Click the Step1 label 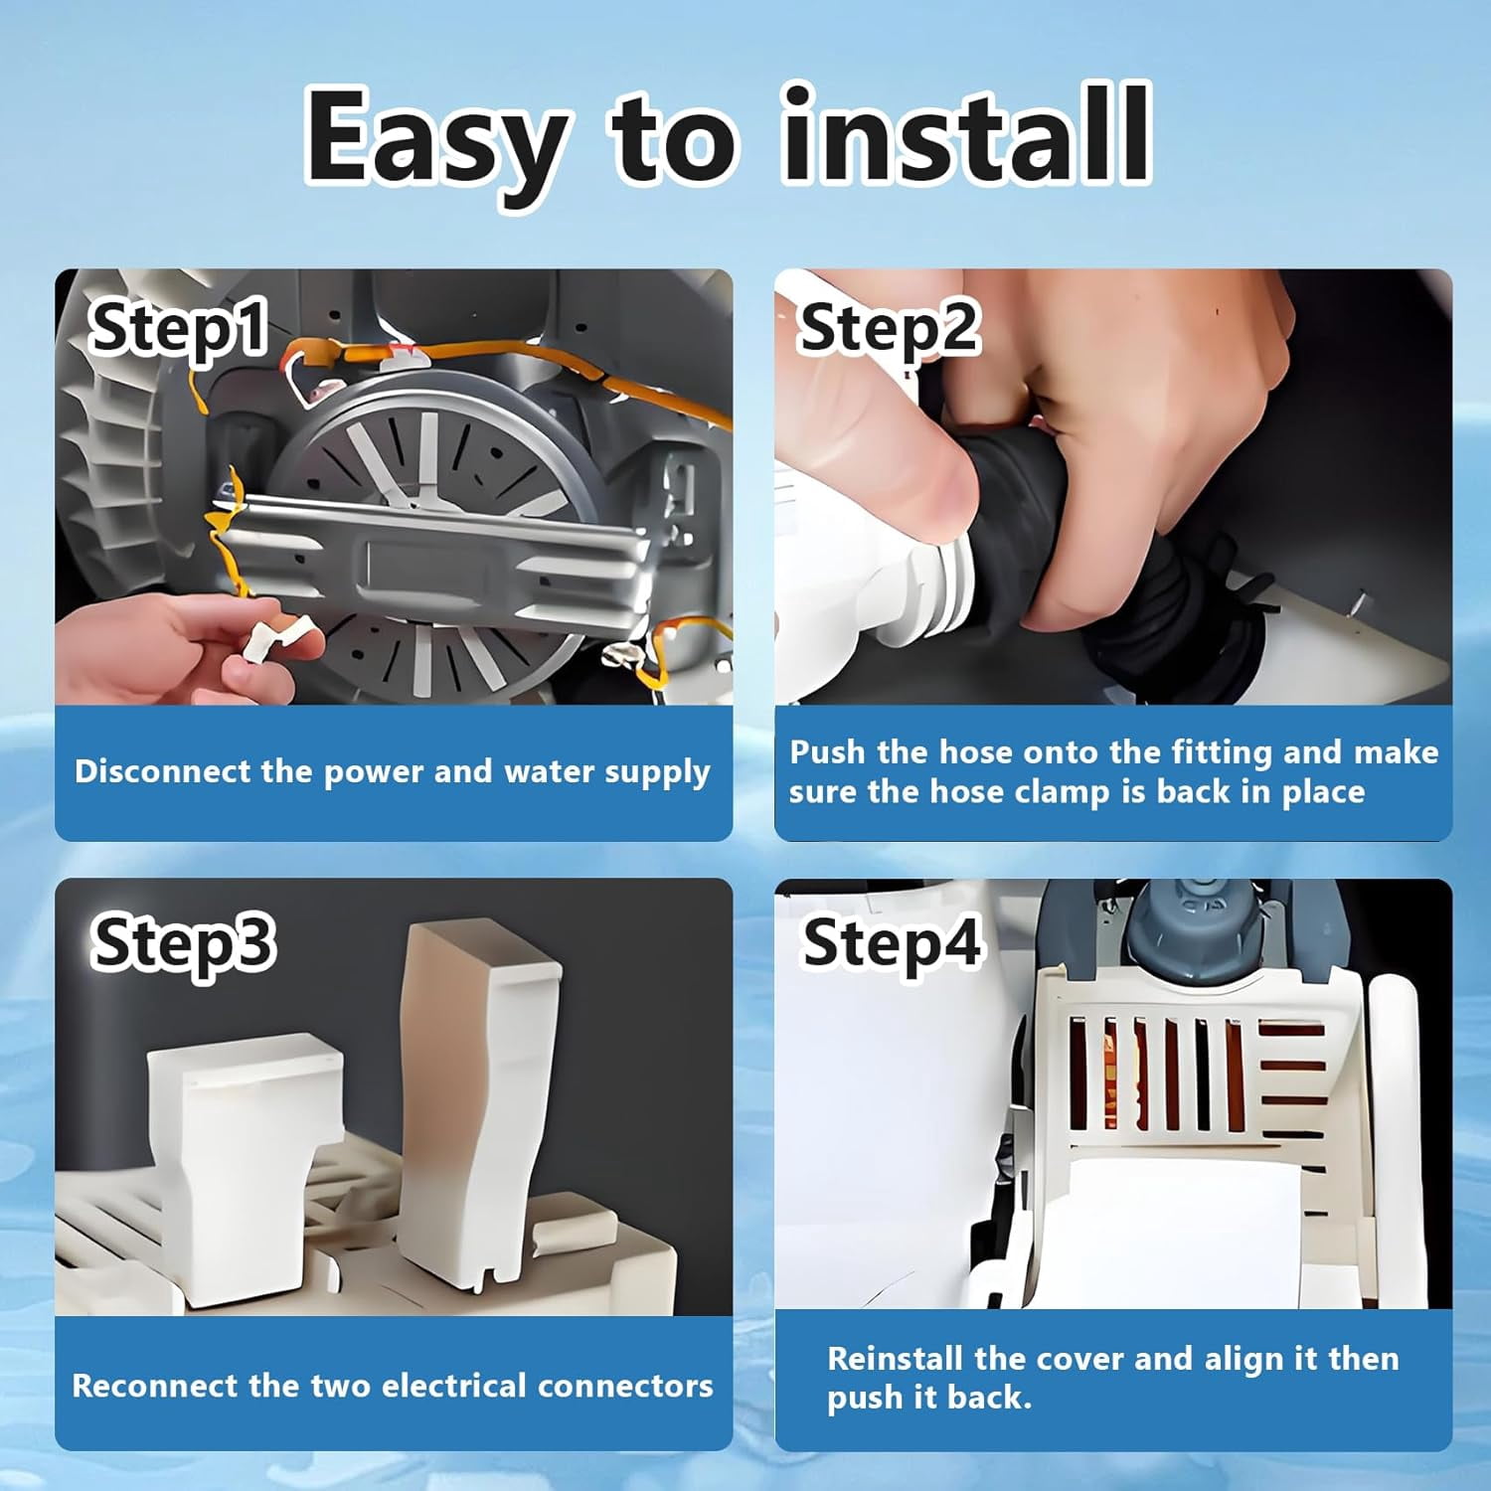pyautogui.click(x=178, y=328)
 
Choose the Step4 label pyautogui.click(x=892, y=943)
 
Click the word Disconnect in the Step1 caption pyautogui.click(x=162, y=771)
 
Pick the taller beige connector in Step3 pyautogui.click(x=477, y=1093)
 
